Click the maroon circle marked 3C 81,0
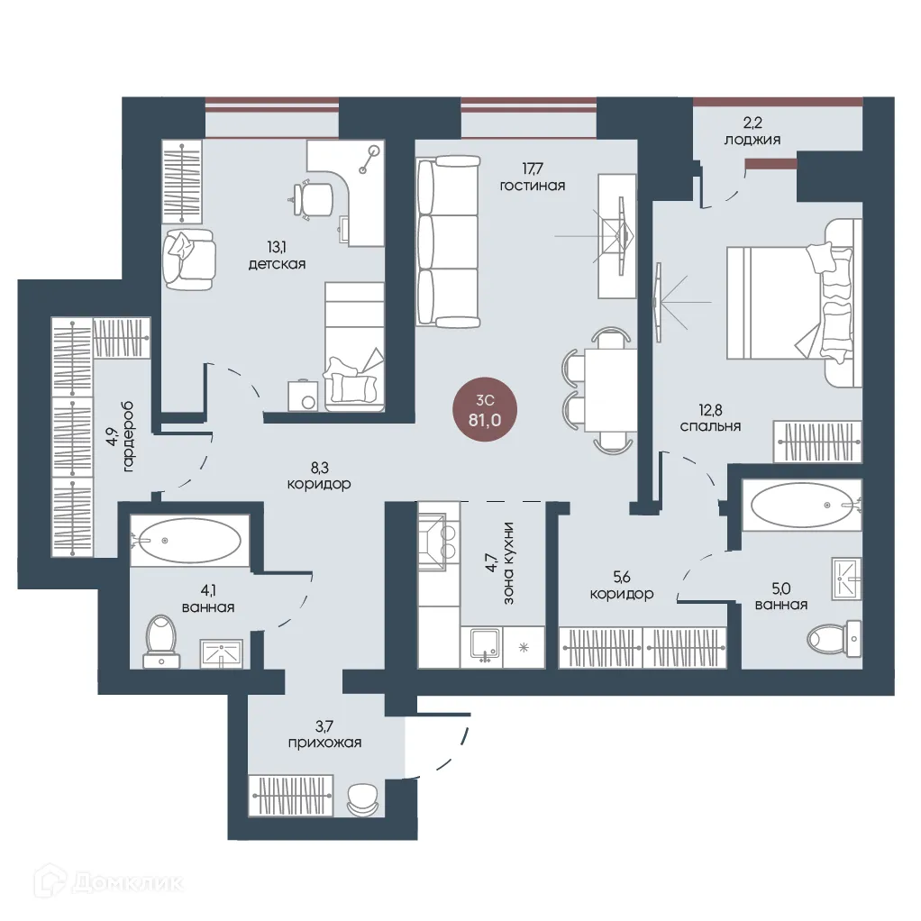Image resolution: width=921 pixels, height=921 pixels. pos(485,411)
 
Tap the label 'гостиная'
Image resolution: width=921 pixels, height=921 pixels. pos(533,186)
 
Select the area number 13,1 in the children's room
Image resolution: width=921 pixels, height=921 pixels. pos(276,247)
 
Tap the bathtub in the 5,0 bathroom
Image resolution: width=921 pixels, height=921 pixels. pos(801,506)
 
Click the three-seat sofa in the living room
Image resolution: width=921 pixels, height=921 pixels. pos(448,241)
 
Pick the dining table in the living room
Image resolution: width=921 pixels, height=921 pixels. pos(610,390)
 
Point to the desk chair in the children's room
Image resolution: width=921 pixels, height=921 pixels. pos(314,200)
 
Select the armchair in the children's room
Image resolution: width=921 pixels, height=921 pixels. pos(188,260)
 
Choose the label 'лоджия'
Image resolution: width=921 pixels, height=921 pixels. pos(752,140)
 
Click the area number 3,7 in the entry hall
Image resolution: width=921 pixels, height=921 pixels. pos(324,726)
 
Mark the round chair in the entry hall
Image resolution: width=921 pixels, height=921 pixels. pos(363,799)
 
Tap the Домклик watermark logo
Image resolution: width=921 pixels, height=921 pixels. pos(109,881)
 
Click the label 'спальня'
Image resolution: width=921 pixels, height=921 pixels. pos(710,426)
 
